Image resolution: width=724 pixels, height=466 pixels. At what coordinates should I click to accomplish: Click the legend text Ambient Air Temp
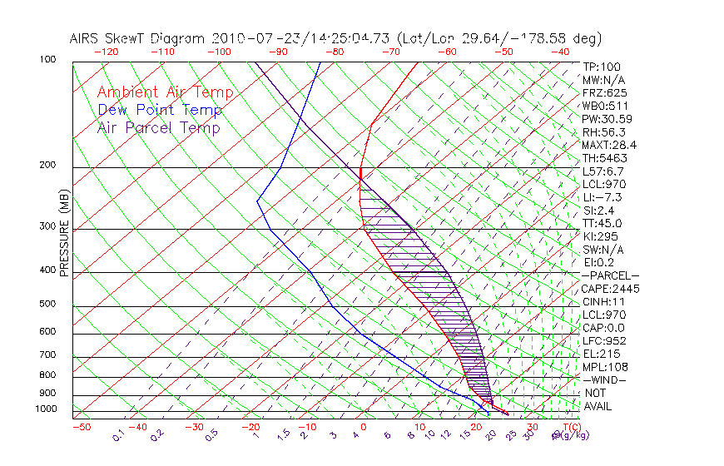pos(165,93)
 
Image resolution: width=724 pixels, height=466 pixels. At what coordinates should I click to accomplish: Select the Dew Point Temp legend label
pos(160,111)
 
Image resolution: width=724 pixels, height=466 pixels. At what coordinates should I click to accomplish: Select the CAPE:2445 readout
pos(609,289)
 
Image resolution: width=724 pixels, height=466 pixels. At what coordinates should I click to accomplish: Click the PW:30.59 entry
pos(607,119)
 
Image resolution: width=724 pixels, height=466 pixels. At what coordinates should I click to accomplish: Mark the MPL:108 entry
pos(604,367)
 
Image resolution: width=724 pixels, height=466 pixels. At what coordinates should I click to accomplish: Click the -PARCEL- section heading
pos(610,275)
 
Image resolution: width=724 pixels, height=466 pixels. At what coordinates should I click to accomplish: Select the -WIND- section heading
pos(605,379)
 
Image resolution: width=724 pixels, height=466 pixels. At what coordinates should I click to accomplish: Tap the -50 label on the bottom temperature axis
pos(82,428)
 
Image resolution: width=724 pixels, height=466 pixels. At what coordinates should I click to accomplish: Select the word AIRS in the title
pos(87,38)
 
